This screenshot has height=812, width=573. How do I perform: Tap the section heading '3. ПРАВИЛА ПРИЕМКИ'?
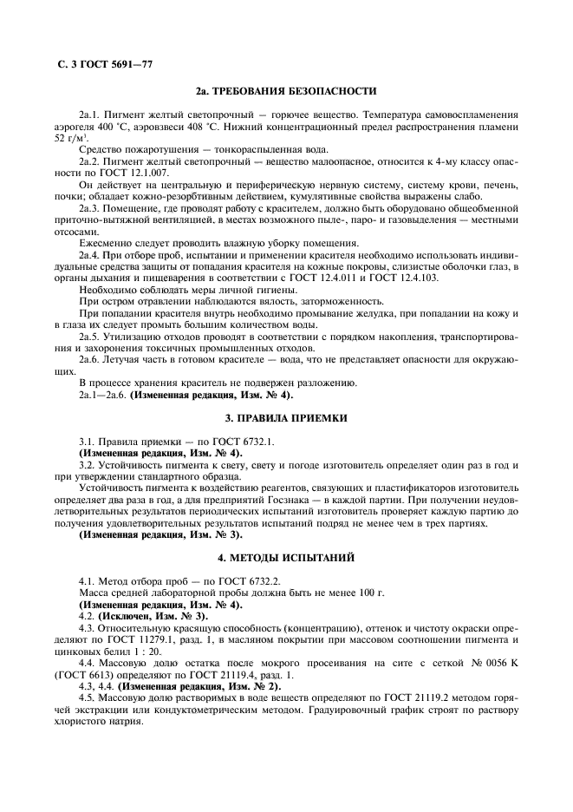pyautogui.click(x=286, y=418)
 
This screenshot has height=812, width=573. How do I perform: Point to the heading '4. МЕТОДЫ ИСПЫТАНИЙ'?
pyautogui.click(x=286, y=555)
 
